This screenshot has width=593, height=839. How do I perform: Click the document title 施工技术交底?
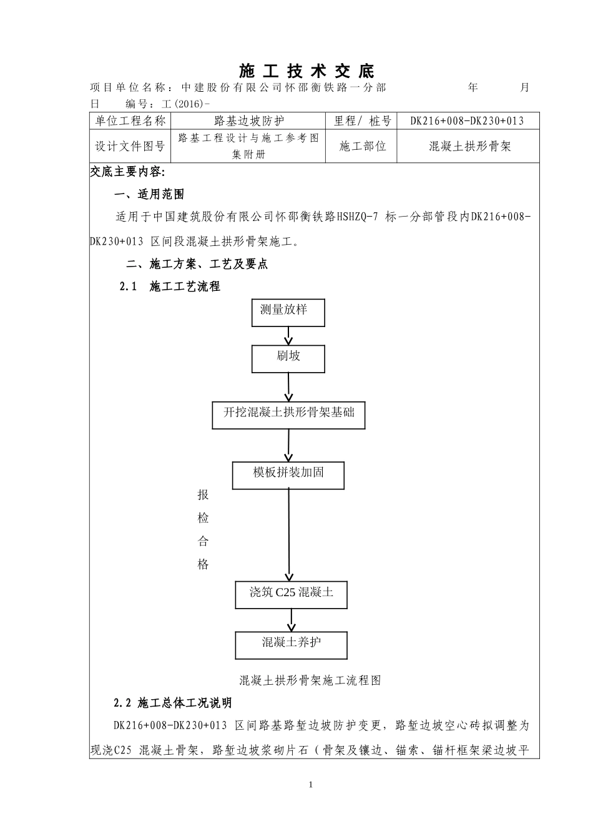click(306, 71)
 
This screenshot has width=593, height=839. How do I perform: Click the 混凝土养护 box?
click(291, 644)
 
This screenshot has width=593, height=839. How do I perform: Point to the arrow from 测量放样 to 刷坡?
click(288, 335)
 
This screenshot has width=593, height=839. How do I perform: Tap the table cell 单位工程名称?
click(130, 121)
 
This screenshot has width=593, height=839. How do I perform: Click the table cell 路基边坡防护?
click(248, 121)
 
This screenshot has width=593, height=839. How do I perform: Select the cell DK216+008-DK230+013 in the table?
click(467, 121)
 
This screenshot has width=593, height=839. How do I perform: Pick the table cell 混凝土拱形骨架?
click(469, 147)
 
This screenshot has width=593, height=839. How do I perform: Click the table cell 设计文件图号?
click(130, 147)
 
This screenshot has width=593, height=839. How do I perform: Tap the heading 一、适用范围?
click(150, 195)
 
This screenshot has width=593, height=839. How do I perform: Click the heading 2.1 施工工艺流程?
click(170, 287)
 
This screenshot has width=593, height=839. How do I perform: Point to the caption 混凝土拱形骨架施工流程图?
click(310, 680)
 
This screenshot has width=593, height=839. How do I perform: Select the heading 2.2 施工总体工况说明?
click(173, 703)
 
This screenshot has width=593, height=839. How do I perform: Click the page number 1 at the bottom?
click(310, 785)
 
